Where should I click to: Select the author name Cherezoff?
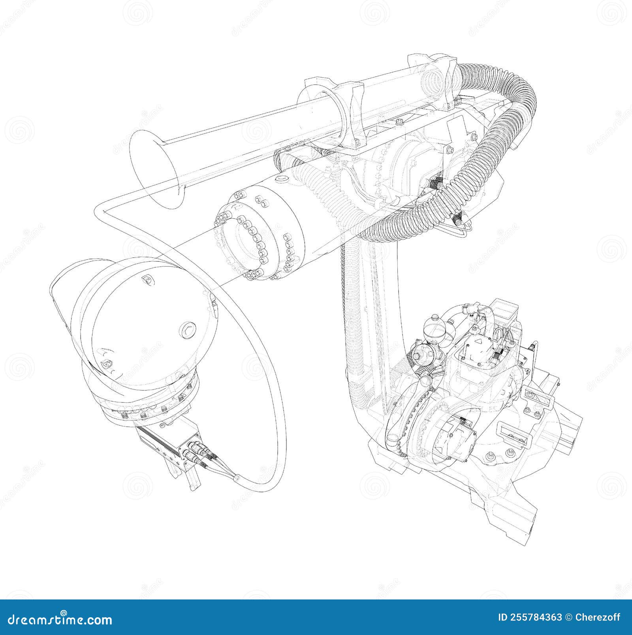(x=599, y=617)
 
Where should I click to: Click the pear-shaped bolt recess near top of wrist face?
(x=148, y=280)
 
